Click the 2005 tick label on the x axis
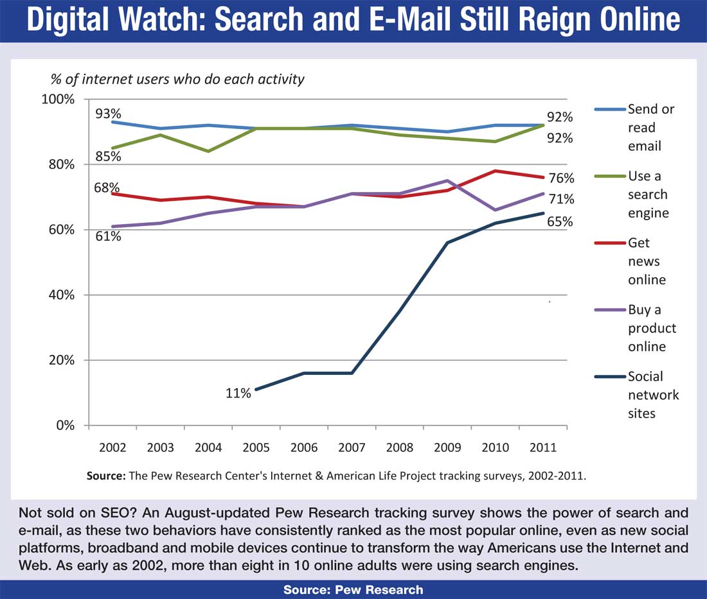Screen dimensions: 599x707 (256, 447)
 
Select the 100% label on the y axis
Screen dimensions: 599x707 (58, 100)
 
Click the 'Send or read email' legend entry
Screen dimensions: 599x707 (650, 127)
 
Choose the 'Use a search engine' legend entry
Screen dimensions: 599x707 (647, 194)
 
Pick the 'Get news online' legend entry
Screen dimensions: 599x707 (647, 261)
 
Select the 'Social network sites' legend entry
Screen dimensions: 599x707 (653, 394)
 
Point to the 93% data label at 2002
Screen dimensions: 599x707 (109, 114)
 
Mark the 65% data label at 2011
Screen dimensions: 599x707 (560, 222)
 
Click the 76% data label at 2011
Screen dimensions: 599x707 (560, 178)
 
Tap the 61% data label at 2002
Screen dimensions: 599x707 (108, 236)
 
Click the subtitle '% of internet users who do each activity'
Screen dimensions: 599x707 (177, 80)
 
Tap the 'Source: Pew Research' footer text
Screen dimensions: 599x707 (353, 590)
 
